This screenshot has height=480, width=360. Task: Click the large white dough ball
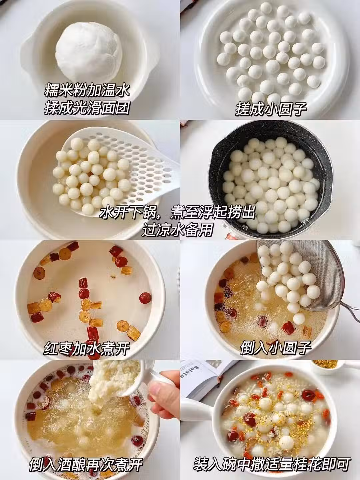pos(89,52)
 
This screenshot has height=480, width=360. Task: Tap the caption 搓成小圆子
pos(271,109)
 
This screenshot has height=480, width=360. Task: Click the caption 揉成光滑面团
pos(87,108)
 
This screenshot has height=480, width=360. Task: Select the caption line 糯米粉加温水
pos(87,90)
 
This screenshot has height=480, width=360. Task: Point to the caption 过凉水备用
pos(177,230)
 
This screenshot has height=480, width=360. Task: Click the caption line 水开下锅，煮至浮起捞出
pos(177,212)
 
